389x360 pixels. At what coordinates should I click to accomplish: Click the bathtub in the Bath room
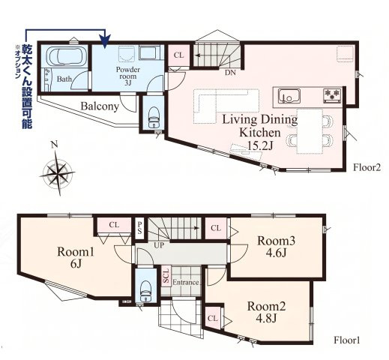[66, 56]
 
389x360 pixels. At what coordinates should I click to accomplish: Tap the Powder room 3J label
[127, 76]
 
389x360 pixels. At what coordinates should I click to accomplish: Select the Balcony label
[100, 106]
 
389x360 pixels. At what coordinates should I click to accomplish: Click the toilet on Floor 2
[154, 117]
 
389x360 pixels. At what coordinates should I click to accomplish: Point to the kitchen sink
[289, 96]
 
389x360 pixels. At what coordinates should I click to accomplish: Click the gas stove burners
[332, 96]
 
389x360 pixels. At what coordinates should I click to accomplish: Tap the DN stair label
[230, 73]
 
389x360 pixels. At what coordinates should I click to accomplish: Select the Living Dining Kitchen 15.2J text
[260, 133]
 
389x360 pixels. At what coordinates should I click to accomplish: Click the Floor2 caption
[367, 167]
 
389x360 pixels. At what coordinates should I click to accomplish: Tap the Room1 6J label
[76, 257]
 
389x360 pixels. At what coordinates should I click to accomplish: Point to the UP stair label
[159, 245]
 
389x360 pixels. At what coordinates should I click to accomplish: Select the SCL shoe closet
[166, 277]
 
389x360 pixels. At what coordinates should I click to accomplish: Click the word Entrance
[186, 283]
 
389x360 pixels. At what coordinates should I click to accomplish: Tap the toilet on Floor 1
[146, 291]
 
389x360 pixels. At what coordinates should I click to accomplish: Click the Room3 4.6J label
[277, 247]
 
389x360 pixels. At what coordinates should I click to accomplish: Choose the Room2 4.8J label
[266, 312]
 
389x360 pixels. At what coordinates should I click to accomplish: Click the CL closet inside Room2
[213, 318]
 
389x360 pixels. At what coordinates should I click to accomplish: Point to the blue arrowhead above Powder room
[105, 41]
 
